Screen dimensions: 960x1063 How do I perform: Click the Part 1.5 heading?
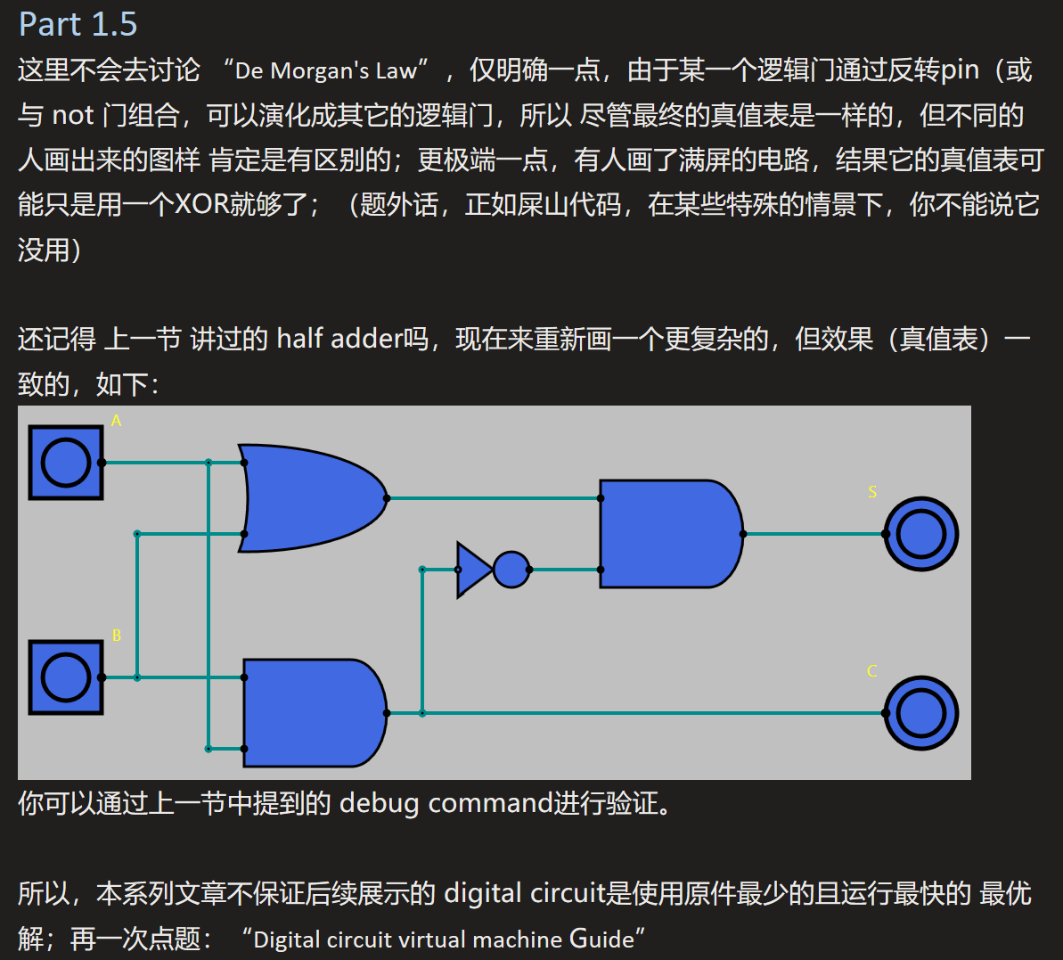coord(78,24)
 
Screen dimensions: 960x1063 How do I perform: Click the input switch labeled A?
coord(66,463)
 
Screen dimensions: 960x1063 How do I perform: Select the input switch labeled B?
coord(66,677)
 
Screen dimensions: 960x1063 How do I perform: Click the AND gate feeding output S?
coord(668,534)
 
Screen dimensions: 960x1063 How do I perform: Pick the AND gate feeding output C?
coord(312,713)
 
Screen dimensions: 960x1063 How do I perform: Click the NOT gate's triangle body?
coord(472,570)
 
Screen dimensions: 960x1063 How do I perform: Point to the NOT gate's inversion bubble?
coord(511,570)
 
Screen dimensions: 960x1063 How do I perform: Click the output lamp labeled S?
coord(920,534)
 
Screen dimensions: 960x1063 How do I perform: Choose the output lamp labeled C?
coord(920,713)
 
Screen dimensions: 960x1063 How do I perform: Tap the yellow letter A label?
coord(116,421)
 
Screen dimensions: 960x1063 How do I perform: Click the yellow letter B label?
coord(116,636)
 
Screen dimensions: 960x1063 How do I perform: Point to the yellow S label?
coord(872,492)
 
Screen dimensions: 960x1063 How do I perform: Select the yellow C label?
coord(872,671)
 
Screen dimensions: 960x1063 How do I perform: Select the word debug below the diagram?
coord(379,804)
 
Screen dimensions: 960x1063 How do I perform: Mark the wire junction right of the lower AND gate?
coord(422,713)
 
